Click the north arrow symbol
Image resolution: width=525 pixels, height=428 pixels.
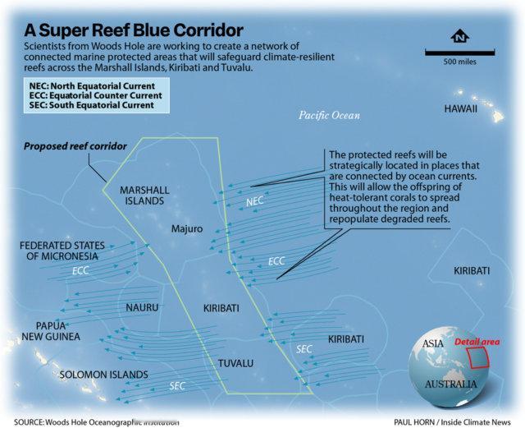click(459, 36)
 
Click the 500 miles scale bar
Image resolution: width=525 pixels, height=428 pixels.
click(459, 52)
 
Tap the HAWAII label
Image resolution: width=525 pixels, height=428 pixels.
click(461, 108)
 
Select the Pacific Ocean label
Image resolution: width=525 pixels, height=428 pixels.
click(330, 115)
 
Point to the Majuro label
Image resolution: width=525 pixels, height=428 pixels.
click(187, 228)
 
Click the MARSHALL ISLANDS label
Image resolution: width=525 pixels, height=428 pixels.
click(144, 196)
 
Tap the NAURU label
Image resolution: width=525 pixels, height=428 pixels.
click(142, 307)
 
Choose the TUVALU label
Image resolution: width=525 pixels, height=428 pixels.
click(235, 363)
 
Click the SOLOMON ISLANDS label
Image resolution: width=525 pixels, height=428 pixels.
click(104, 375)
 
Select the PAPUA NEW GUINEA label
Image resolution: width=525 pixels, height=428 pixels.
click(51, 331)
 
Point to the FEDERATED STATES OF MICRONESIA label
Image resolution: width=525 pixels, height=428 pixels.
click(62, 251)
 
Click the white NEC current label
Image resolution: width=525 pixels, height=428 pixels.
click(255, 201)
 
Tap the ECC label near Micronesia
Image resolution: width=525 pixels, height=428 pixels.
click(80, 270)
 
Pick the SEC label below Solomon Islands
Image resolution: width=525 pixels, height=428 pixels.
click(177, 386)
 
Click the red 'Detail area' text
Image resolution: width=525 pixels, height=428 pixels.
click(477, 342)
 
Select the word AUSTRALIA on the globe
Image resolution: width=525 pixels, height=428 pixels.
click(450, 384)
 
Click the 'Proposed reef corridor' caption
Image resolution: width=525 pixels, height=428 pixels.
click(75, 146)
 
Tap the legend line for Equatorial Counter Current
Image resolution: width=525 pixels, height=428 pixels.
click(95, 95)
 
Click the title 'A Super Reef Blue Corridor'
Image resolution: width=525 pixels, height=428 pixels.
click(133, 30)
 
